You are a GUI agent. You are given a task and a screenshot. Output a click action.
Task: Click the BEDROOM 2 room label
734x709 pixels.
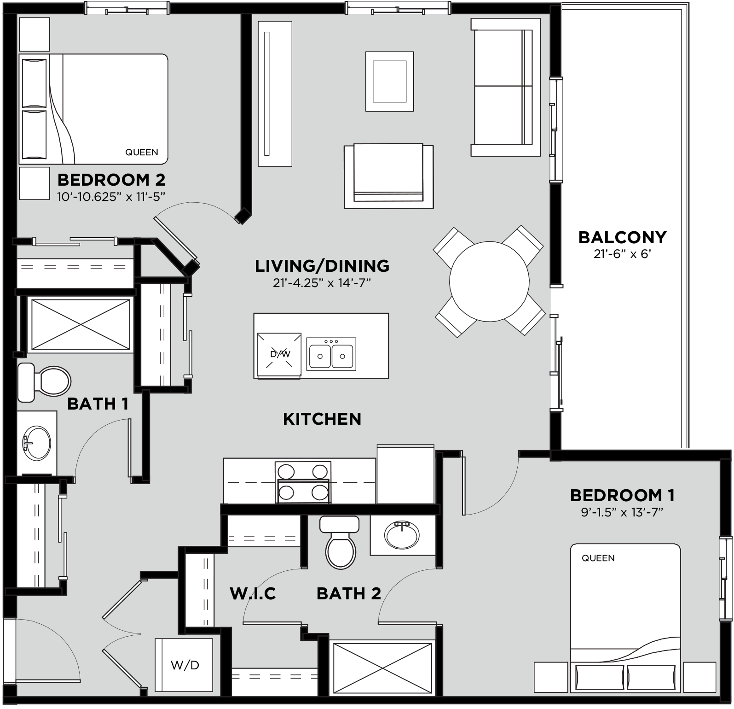(111, 180)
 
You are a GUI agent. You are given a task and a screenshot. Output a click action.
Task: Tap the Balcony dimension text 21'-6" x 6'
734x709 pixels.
(622, 254)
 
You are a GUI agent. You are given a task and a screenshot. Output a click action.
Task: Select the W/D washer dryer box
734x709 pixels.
(184, 665)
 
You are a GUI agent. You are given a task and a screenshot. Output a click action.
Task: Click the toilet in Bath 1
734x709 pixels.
(45, 382)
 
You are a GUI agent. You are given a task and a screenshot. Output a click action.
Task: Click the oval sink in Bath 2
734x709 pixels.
(402, 534)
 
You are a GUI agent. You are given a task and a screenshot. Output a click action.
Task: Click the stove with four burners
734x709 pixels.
(302, 482)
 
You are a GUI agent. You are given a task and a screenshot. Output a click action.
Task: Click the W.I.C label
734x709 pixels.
(253, 593)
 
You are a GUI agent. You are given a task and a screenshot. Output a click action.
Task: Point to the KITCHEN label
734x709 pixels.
(322, 419)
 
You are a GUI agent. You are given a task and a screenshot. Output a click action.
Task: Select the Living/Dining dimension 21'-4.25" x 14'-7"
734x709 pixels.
(322, 283)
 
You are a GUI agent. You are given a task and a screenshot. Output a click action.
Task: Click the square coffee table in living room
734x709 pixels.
(389, 81)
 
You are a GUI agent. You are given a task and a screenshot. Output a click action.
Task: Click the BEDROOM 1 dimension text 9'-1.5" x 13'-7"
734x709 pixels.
(622, 513)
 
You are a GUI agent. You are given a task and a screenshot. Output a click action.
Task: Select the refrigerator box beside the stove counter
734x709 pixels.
(405, 475)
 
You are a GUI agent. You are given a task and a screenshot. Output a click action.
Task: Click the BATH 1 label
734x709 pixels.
(98, 404)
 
